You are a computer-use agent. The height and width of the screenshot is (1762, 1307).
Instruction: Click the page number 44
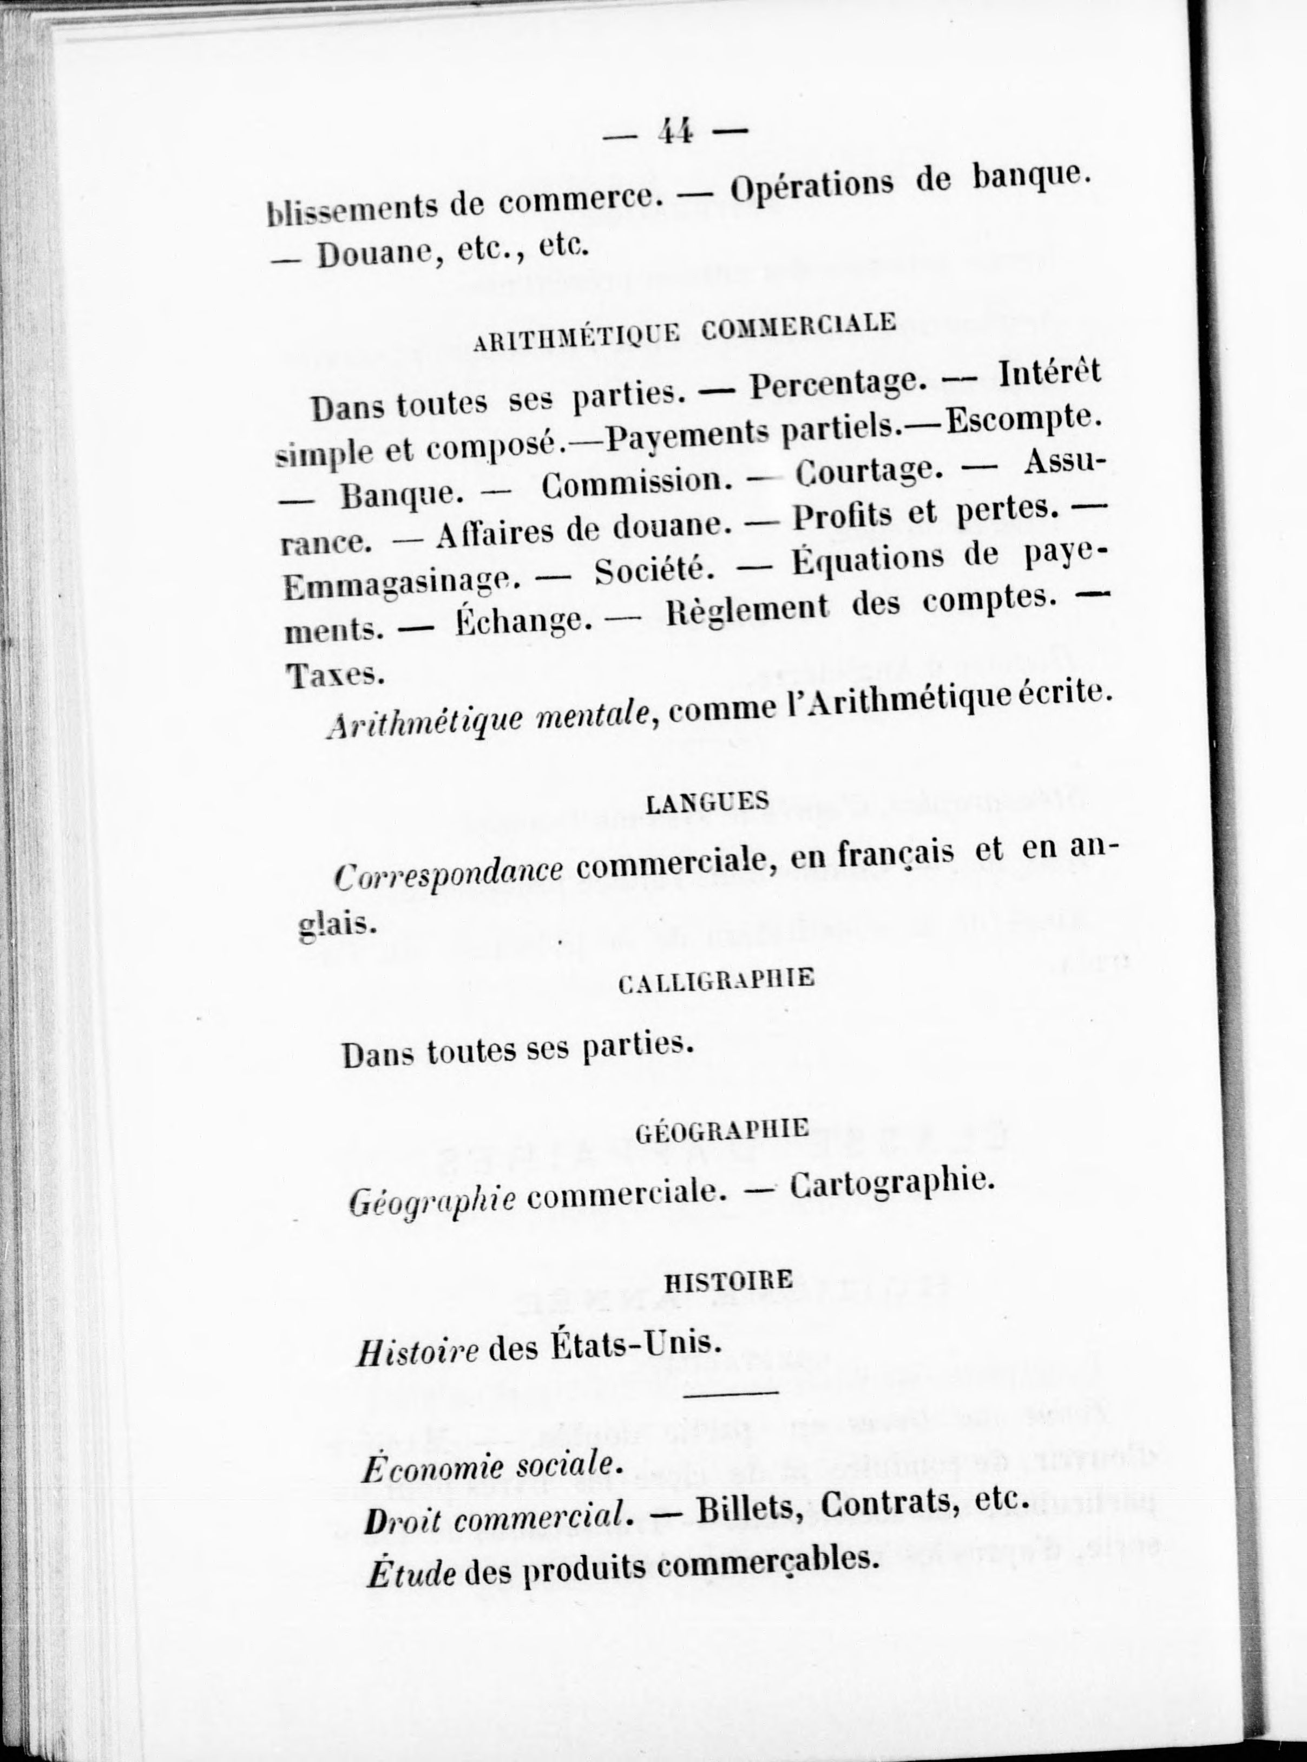(674, 132)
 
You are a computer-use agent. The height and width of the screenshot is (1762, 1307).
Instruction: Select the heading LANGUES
(707, 802)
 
